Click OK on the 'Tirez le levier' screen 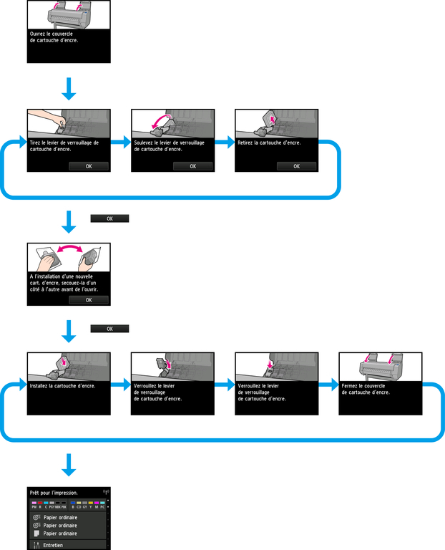(89, 166)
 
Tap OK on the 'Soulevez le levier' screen (192, 166)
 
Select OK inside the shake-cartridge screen (89, 300)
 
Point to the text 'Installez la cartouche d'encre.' (62, 385)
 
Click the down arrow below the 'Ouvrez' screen (69, 89)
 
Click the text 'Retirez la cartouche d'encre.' (268, 143)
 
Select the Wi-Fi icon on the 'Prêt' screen (107, 493)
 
